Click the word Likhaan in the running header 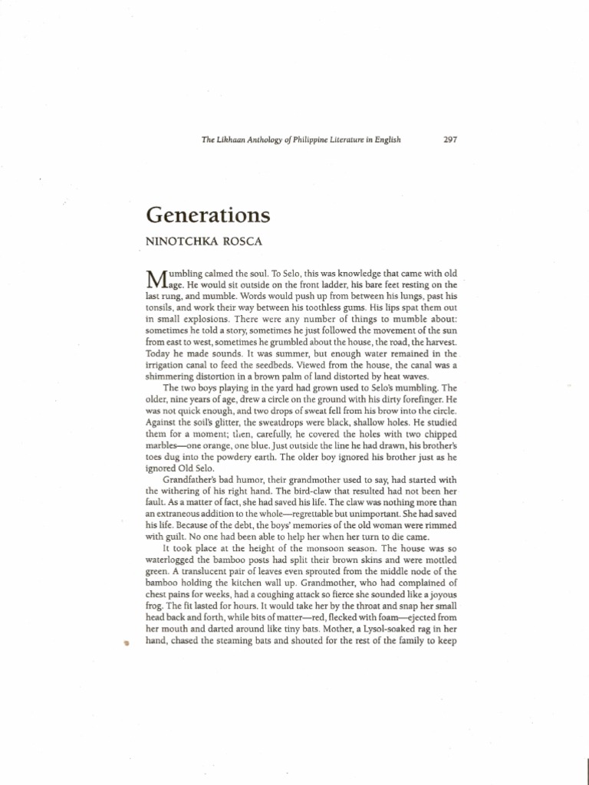pos(232,140)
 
